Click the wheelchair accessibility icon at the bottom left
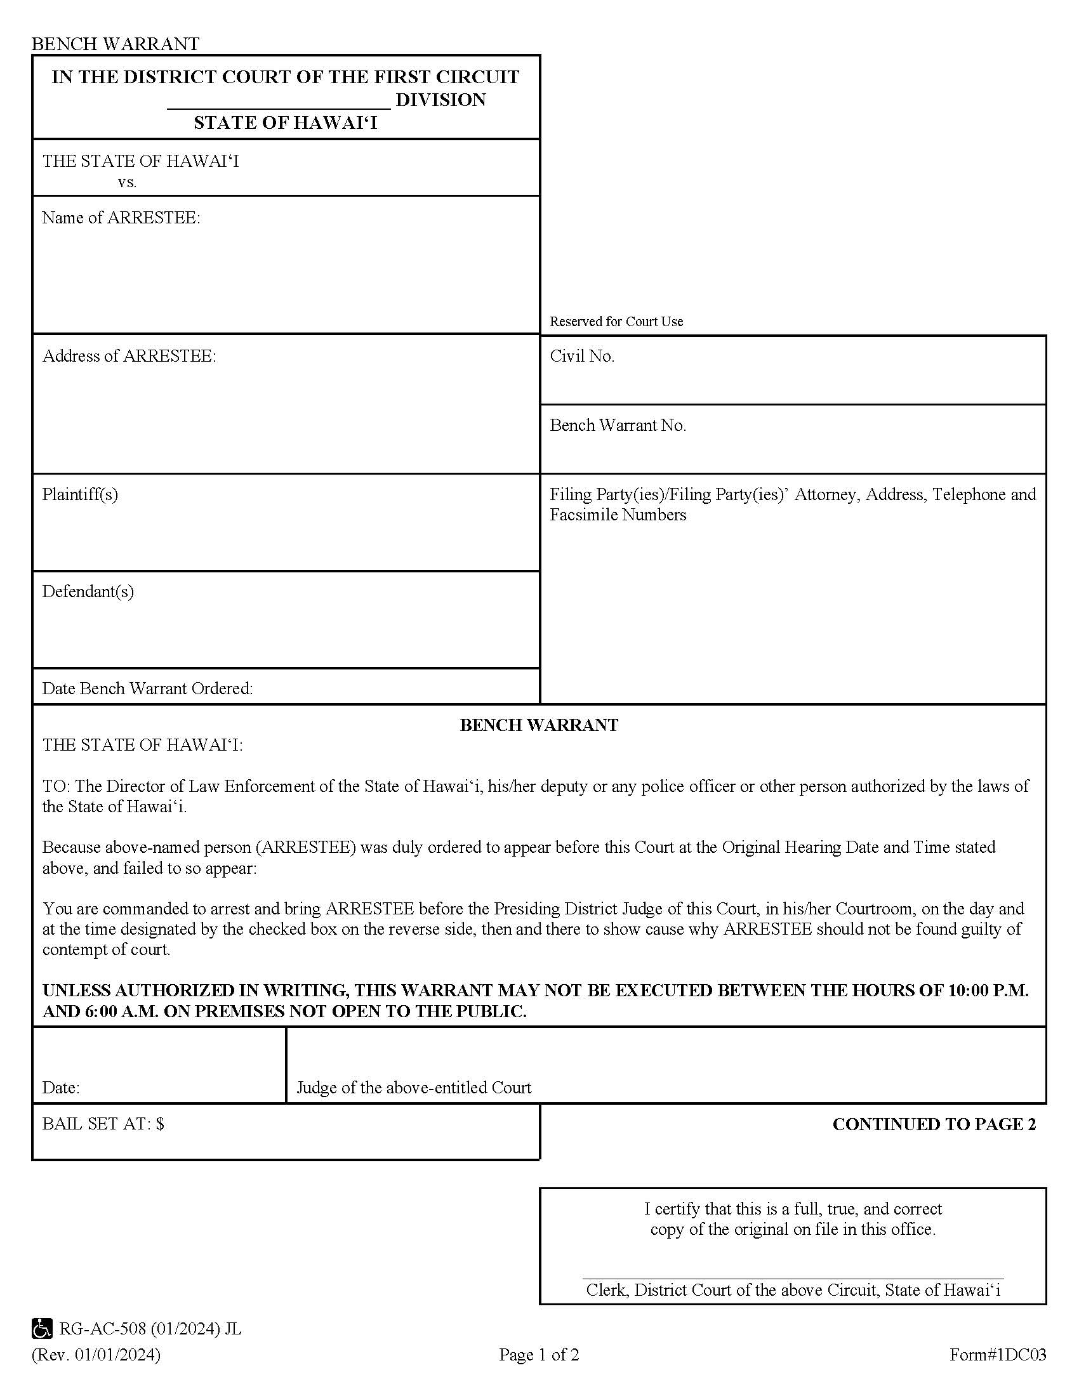pos(42,1329)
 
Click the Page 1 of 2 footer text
pos(539,1355)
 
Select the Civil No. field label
pos(581,356)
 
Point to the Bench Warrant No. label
pos(618,425)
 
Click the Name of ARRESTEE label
pos(121,218)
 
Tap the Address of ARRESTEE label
pos(129,356)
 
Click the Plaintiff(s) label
pos(80,494)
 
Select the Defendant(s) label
pos(88,591)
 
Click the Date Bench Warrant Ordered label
pos(147,688)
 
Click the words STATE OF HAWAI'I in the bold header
pos(285,122)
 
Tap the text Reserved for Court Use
pos(616,322)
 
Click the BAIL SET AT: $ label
pos(103,1124)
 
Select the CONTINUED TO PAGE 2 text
pos(933,1124)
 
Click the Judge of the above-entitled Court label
pos(414,1087)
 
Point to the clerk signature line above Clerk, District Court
pos(793,1278)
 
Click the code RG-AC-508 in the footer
pos(102,1329)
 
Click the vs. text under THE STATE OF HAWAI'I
pos(127,182)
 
